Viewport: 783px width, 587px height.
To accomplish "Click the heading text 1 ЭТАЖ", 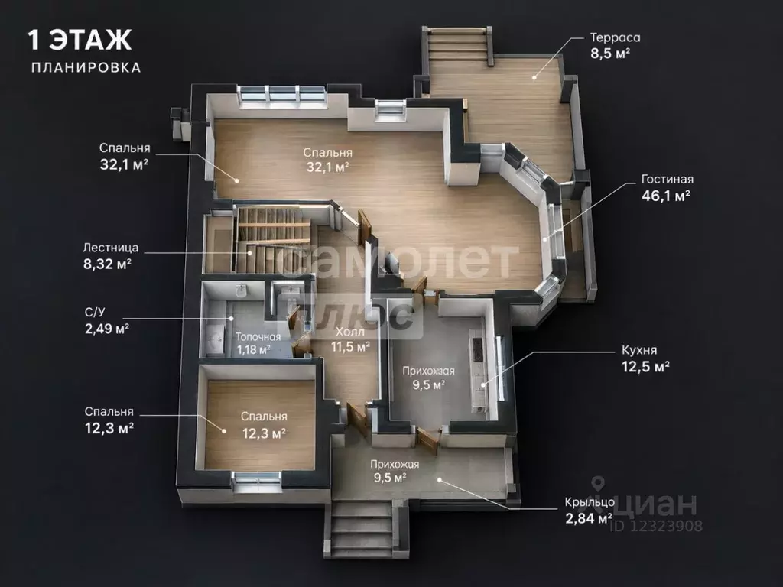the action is [80, 40].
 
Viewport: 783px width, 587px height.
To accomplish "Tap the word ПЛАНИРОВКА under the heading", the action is [86, 67].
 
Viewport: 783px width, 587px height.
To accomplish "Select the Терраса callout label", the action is [616, 37].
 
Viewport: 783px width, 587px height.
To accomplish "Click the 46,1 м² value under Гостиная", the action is [666, 196].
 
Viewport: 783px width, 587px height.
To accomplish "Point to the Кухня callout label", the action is [639, 349].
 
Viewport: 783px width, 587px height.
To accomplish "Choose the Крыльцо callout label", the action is [590, 502].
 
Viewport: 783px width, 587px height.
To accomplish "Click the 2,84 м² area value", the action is [589, 518].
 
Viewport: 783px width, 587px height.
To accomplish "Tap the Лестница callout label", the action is [111, 248].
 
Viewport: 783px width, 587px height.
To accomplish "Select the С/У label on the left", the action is [95, 313].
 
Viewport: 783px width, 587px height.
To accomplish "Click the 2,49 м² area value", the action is [107, 329].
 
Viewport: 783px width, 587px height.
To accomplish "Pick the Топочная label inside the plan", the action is [258, 337].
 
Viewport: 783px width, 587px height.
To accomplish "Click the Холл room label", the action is [350, 332].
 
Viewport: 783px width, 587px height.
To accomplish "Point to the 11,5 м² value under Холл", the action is [350, 346].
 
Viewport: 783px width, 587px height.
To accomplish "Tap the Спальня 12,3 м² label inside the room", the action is [264, 425].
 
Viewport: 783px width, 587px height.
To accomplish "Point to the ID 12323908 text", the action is [655, 526].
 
